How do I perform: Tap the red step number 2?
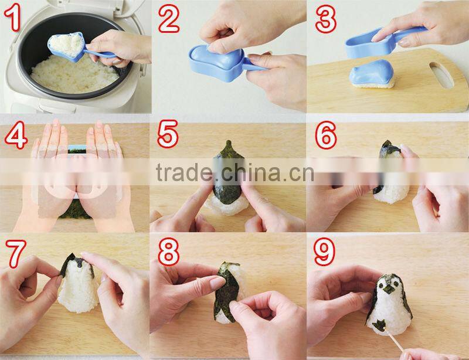pos(170,19)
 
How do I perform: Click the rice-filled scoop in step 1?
pos(66,45)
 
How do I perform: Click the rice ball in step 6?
pos(390,176)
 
